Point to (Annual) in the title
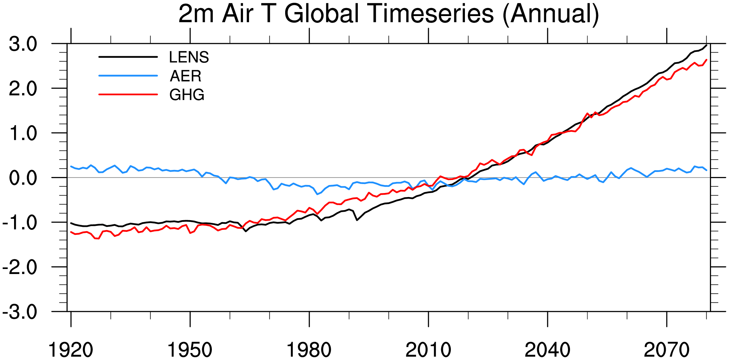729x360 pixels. click(551, 14)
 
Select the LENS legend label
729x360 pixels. click(189, 57)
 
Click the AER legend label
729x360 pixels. click(185, 76)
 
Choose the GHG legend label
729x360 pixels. click(187, 95)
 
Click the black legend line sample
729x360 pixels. click(128, 57)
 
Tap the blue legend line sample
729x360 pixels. click(128, 76)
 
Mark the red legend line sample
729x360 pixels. click(128, 94)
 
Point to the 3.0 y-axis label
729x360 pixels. click(23, 44)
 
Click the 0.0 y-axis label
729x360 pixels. click(23, 178)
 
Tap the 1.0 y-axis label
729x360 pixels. click(23, 133)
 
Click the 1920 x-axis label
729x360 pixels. click(71, 350)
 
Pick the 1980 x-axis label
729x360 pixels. click(309, 350)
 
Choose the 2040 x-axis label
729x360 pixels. click(547, 350)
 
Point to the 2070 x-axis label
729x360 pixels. click(666, 350)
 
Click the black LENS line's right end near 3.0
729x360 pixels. click(706, 45)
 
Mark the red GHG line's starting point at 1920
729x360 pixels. click(71, 232)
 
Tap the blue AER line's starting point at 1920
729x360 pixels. click(71, 166)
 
